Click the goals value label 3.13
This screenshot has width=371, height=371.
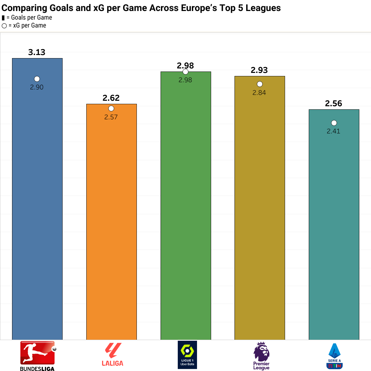[37, 52]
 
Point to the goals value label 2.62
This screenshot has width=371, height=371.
[111, 98]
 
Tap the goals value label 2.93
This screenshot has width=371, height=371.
[259, 70]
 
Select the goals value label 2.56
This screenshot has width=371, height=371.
[334, 103]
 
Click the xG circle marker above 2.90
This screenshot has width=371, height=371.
[37, 79]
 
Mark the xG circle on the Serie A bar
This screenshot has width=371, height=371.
[334, 123]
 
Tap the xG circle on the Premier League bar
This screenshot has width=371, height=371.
[260, 84]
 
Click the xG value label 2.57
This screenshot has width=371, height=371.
[111, 117]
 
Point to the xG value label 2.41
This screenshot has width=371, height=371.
[334, 131]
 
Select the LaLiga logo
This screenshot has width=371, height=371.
[112, 355]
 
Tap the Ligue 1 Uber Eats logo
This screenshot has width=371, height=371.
[187, 354]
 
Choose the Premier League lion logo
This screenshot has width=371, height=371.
[261, 356]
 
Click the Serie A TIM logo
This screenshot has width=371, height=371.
[335, 356]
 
